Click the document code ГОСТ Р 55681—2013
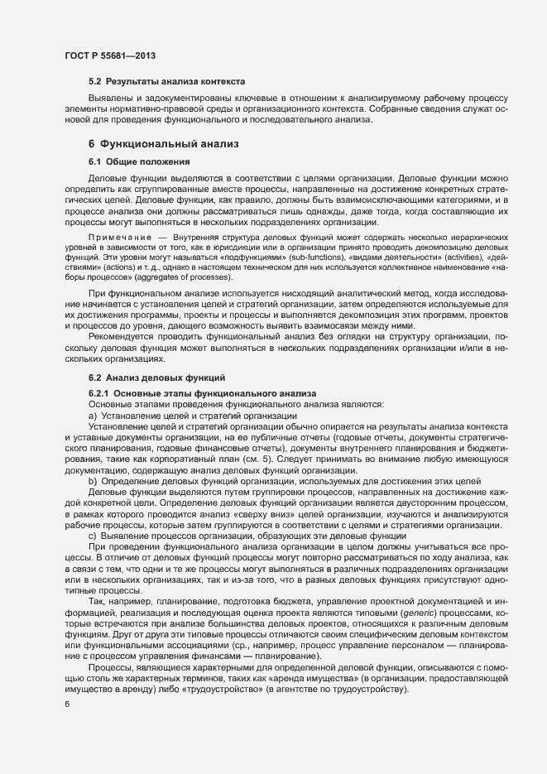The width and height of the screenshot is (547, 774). point(110,55)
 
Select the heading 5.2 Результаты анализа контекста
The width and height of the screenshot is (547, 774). point(166,83)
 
